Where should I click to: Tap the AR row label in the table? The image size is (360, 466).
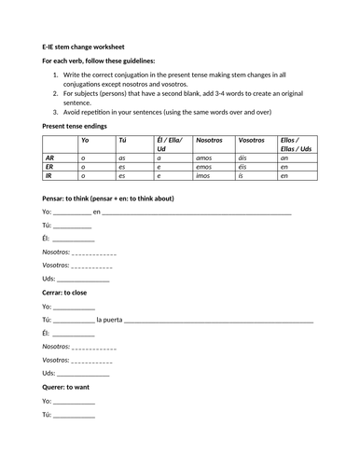(x=49, y=158)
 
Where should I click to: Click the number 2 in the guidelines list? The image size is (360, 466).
(x=57, y=94)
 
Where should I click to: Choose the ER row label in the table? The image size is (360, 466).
(x=49, y=167)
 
